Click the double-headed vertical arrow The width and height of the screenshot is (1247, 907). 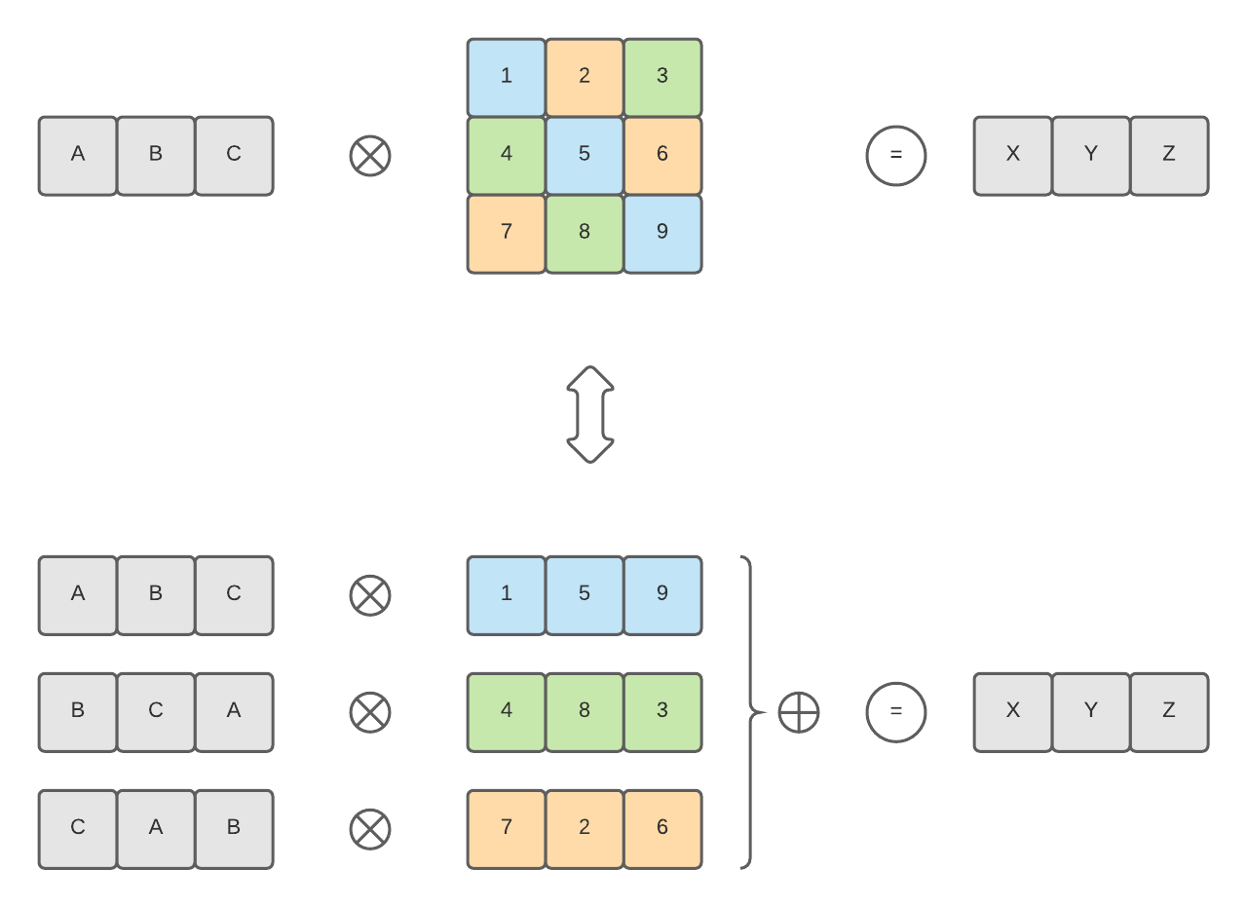(590, 414)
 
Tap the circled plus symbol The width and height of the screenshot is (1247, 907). (799, 712)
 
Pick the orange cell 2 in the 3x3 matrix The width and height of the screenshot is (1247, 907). (585, 77)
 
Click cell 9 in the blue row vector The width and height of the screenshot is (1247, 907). (662, 594)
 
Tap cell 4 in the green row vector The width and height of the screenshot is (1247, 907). (507, 712)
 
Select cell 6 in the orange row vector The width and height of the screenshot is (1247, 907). (662, 828)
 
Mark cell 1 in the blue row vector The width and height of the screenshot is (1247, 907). (507, 594)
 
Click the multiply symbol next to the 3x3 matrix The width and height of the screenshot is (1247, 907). (370, 156)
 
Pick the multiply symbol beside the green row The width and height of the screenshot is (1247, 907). (370, 712)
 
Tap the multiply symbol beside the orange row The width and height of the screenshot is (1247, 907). (370, 828)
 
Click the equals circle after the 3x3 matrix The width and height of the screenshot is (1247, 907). (896, 156)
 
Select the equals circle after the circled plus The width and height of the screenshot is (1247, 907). (896, 712)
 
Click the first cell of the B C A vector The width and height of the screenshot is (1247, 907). (78, 712)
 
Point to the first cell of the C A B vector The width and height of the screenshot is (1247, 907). (78, 828)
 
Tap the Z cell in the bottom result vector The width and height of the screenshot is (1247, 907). (1169, 712)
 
